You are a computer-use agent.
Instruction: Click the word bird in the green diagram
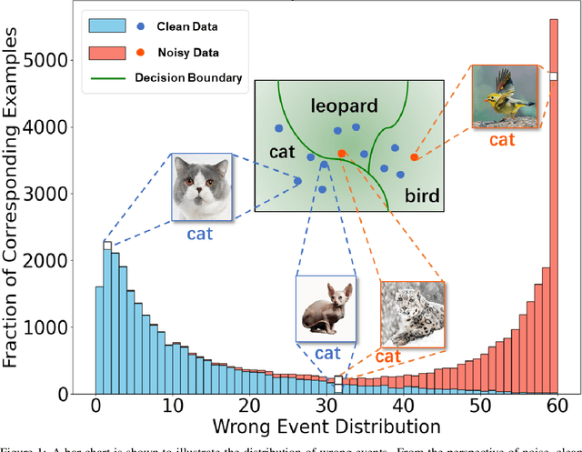pyautogui.click(x=421, y=193)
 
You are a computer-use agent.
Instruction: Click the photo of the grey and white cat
pyautogui.click(x=199, y=188)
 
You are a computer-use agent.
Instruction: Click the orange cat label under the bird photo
pyautogui.click(x=502, y=139)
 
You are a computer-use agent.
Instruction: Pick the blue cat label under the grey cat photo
pyautogui.click(x=200, y=234)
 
